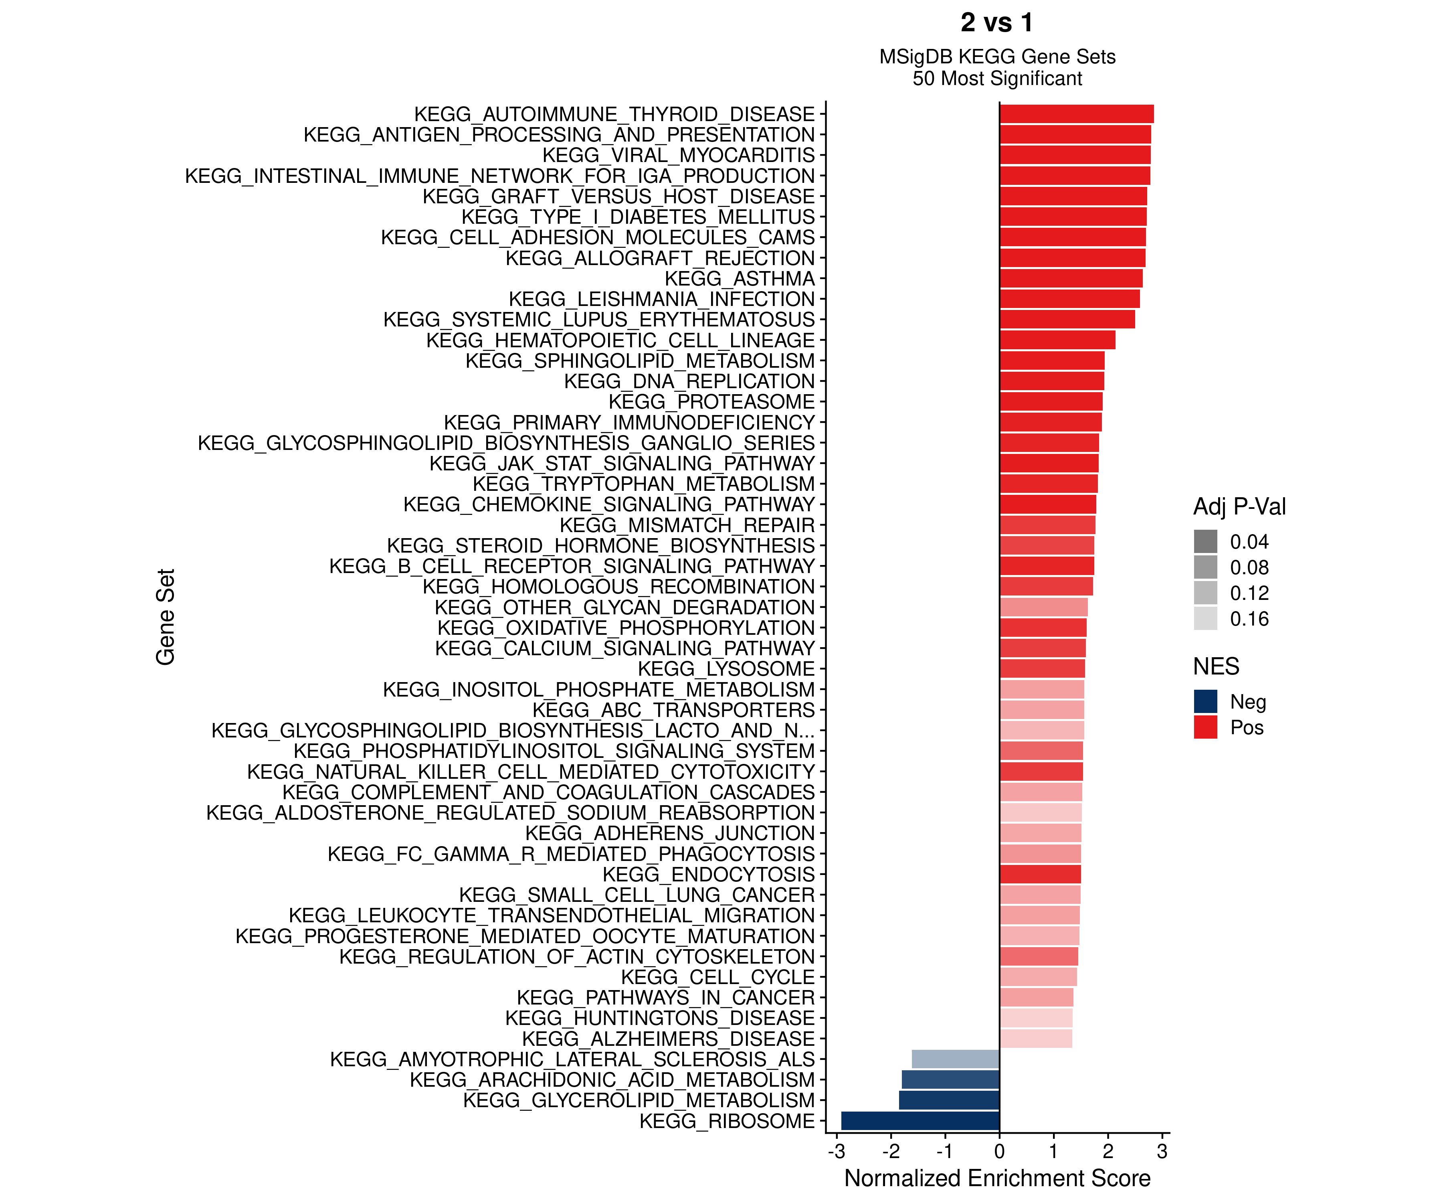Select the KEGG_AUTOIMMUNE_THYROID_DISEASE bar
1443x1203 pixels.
tap(1076, 114)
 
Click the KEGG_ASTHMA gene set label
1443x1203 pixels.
tap(740, 278)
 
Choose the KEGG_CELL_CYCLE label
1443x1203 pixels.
tap(717, 977)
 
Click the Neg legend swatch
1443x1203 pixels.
tap(1205, 701)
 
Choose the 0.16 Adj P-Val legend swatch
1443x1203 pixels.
tap(1205, 619)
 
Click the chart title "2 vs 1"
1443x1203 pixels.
tap(996, 23)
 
